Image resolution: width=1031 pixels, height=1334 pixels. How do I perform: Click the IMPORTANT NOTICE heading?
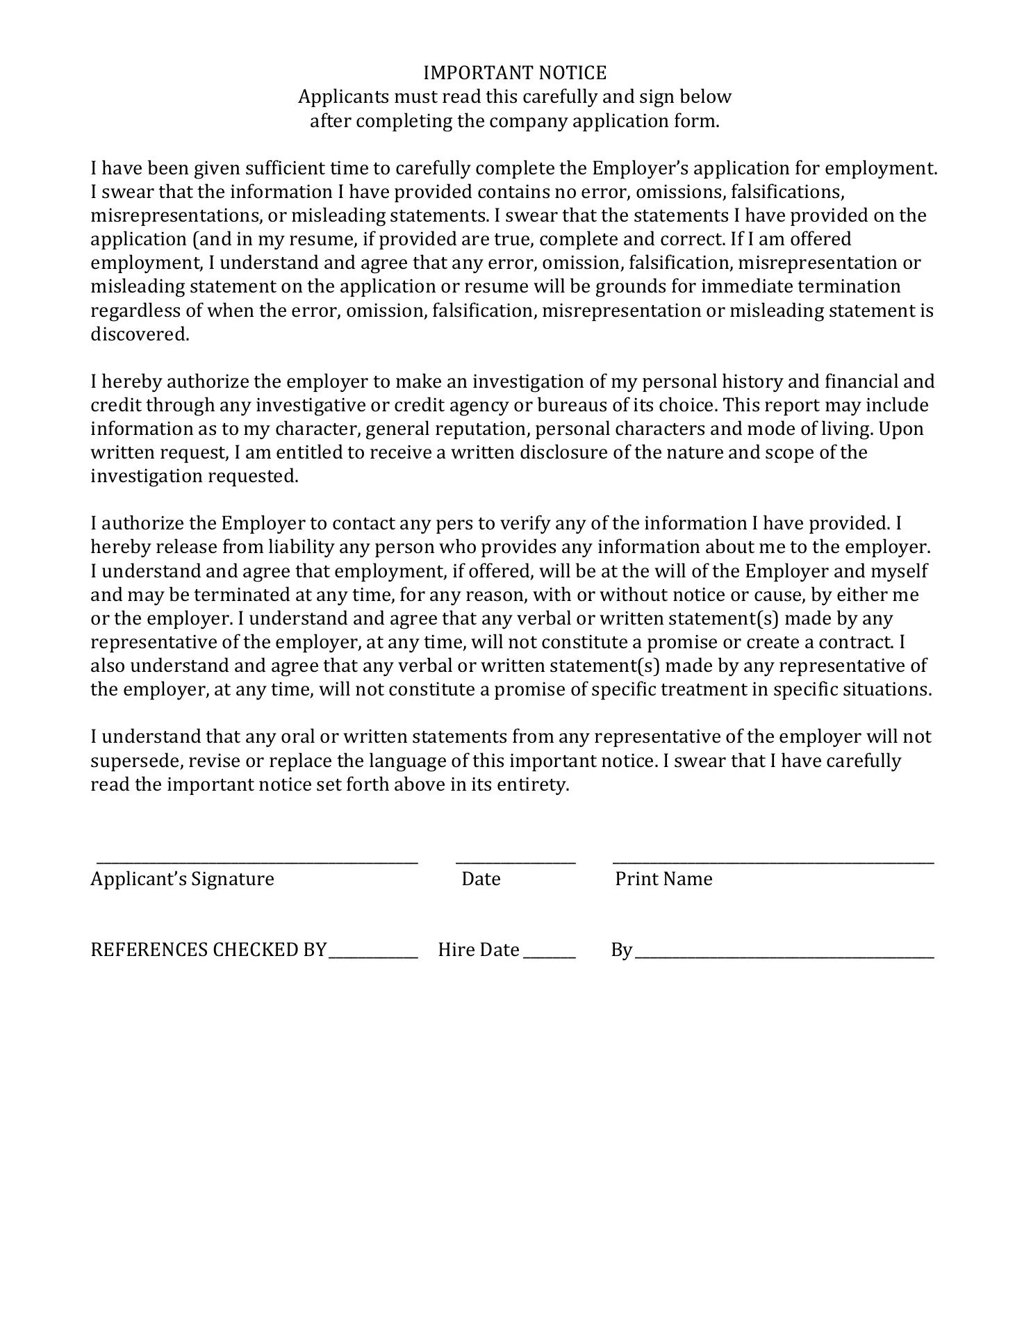tap(515, 73)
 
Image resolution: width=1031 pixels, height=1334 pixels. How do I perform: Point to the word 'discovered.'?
tap(140, 334)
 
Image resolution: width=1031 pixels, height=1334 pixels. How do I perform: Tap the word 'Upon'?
tap(901, 429)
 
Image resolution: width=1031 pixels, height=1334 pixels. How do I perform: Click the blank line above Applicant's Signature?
tap(257, 862)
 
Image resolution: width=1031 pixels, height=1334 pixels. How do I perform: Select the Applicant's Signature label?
tap(182, 879)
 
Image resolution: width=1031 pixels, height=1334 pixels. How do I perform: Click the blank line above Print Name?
tap(773, 862)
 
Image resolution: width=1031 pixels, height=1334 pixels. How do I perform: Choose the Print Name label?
tap(663, 879)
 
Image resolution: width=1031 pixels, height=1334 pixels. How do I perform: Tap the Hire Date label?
tap(479, 950)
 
